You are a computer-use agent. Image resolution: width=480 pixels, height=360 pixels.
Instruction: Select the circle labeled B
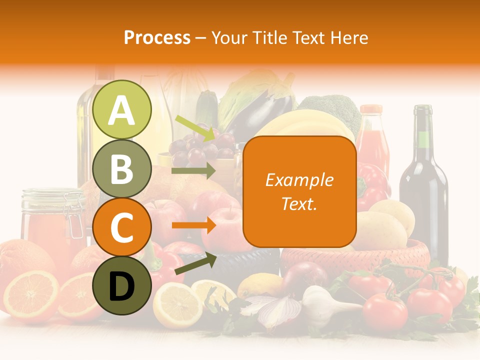point(122,169)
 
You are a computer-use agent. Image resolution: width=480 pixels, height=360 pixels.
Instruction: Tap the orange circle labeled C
point(122,227)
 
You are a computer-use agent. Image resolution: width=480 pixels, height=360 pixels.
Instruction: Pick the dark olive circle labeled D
point(122,285)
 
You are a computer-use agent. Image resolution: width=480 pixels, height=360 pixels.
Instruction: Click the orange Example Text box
point(299,191)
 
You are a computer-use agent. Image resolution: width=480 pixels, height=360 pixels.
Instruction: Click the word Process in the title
point(157,37)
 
